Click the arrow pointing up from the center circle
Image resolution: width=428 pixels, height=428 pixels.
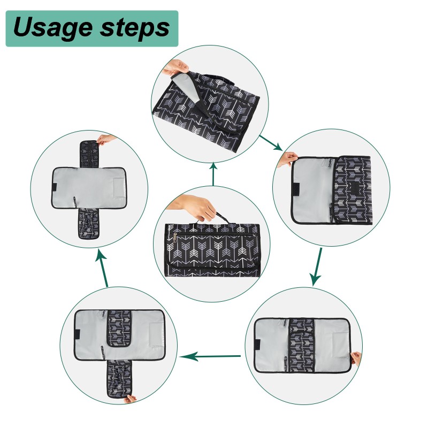click(x=213, y=173)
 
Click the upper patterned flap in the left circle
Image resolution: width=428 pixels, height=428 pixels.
click(x=90, y=154)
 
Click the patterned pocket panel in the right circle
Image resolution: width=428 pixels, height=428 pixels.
click(x=351, y=187)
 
